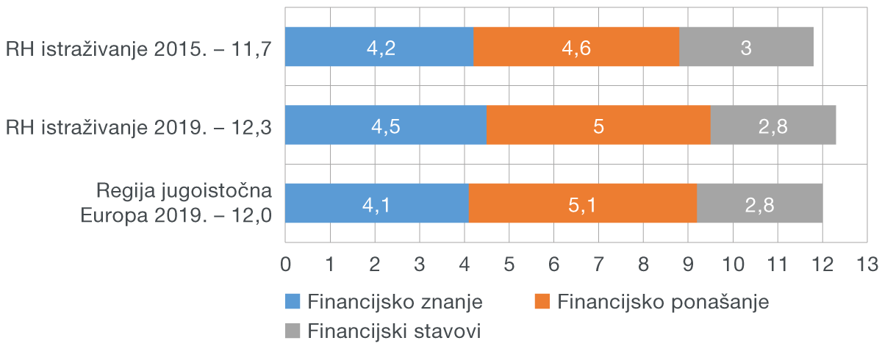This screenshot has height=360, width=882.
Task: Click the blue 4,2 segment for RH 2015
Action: click(379, 47)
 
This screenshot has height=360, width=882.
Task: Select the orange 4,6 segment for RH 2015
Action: click(576, 47)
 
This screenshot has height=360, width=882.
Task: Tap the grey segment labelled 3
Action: click(746, 47)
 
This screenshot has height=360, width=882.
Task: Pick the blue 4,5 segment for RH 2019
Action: click(385, 125)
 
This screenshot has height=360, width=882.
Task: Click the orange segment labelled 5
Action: click(598, 125)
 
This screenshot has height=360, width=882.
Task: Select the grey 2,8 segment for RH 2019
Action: click(773, 125)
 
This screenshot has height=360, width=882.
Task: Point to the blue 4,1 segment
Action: click(376, 203)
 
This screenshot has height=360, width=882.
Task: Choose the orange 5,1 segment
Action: click(582, 203)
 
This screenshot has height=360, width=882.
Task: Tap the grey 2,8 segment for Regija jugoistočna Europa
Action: click(759, 203)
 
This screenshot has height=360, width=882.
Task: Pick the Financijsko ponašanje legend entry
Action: click(651, 302)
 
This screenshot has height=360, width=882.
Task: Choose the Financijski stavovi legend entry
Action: click(383, 331)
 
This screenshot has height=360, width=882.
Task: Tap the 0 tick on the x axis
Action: click(285, 264)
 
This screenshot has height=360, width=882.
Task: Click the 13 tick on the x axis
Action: click(867, 264)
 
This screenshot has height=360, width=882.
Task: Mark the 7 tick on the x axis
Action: click(598, 264)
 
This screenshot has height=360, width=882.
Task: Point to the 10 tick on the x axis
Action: click(733, 264)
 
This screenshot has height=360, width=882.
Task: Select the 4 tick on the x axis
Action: click(464, 264)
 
